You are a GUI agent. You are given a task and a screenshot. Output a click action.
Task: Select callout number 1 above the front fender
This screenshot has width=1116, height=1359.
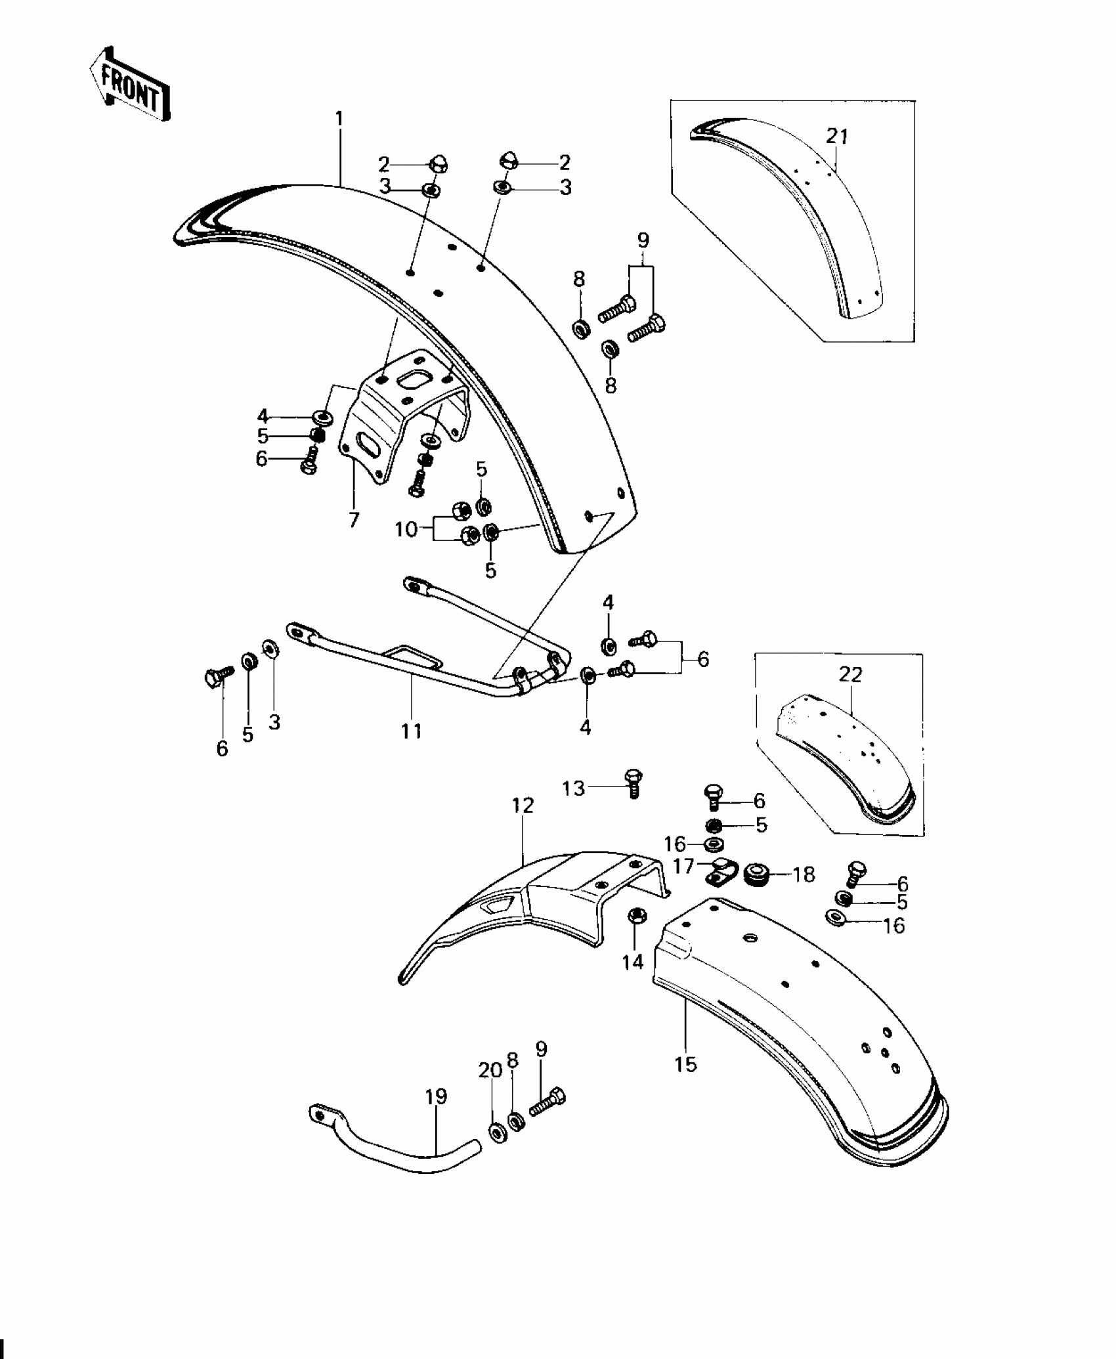(339, 119)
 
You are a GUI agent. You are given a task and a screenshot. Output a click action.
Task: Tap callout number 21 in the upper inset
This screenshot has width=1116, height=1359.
(838, 137)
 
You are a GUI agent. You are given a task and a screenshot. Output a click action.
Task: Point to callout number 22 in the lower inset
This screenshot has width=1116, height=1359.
(850, 674)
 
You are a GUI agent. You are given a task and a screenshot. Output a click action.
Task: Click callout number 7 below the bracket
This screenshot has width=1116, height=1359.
(354, 520)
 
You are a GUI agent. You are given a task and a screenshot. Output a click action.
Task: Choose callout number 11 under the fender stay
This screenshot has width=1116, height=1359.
(412, 730)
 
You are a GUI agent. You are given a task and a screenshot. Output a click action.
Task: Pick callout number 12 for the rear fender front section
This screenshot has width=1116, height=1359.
(523, 805)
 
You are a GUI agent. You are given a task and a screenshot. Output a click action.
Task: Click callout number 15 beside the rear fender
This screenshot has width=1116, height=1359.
(685, 1064)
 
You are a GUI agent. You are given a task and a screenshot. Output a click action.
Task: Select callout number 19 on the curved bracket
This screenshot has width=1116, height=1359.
(436, 1096)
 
